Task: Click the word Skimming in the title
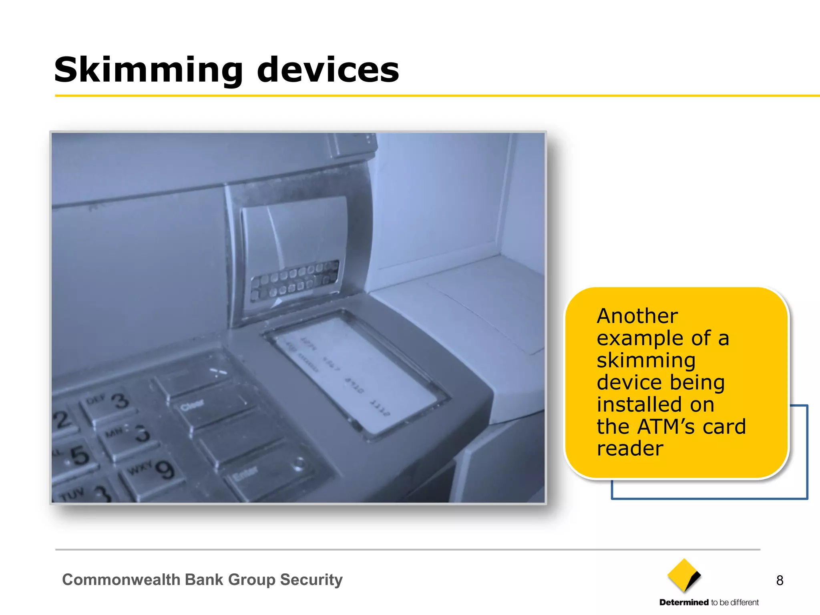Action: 148,70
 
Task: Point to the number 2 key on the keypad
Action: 63,420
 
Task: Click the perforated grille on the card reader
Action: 294,280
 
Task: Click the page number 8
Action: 780,580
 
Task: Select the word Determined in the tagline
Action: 684,603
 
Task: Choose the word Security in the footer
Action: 311,580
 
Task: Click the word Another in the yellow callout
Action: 637,316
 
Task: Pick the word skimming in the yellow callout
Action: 646,360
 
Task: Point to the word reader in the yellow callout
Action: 630,448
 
